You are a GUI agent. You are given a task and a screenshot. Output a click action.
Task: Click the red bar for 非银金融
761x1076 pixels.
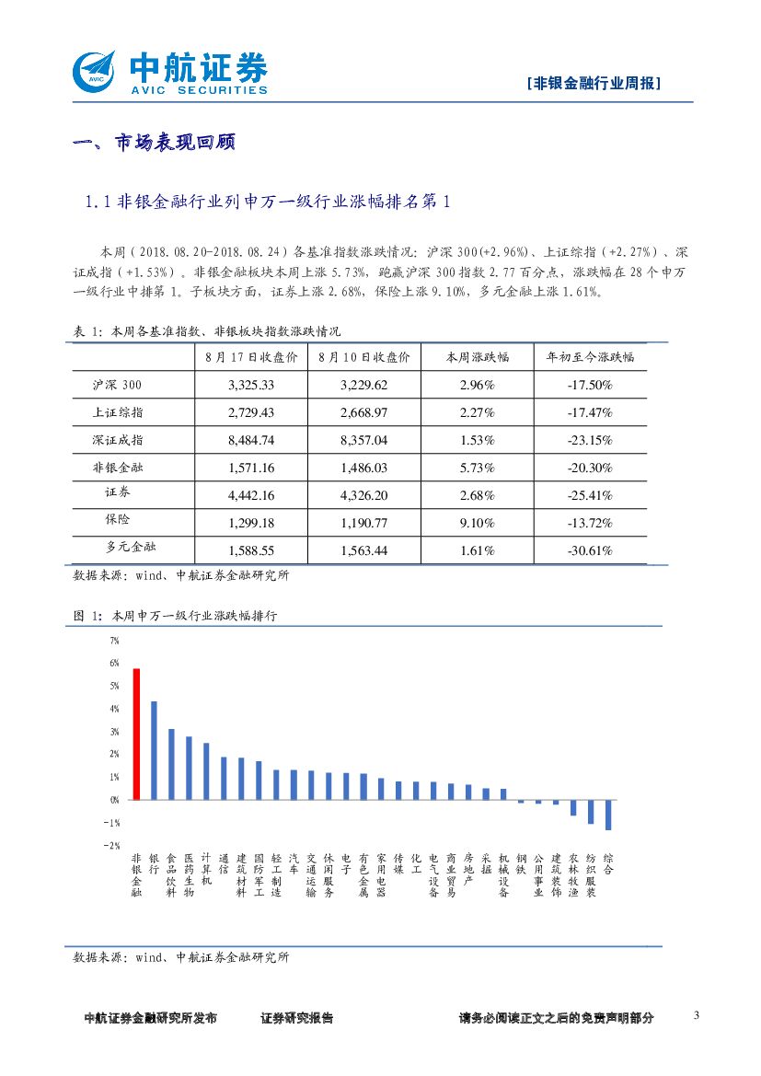(136, 734)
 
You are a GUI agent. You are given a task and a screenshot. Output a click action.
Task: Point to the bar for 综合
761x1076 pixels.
(608, 815)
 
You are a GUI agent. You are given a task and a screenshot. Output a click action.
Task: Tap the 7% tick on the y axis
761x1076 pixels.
(114, 640)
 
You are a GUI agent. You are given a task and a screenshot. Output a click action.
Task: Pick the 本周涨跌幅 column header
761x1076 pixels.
(477, 357)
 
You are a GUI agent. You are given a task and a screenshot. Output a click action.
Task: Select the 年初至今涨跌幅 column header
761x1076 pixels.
(590, 357)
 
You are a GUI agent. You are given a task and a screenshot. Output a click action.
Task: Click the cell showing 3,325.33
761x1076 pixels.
(251, 385)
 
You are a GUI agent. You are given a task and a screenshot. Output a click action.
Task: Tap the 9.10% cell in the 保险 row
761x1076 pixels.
(477, 523)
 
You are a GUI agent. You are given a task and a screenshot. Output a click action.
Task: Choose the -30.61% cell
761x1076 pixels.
(590, 550)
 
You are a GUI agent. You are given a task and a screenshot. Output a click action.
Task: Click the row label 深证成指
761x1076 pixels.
(118, 440)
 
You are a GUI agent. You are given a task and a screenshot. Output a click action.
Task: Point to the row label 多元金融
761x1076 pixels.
(124, 549)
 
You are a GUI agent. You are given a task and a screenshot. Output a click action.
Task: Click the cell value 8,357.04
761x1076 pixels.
(363, 440)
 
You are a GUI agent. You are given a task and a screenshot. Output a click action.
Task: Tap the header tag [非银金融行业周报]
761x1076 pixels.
(594, 83)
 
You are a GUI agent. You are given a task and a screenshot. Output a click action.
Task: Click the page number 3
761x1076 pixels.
(696, 1015)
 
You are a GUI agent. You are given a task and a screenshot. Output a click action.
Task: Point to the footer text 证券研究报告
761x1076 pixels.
(296, 1018)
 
